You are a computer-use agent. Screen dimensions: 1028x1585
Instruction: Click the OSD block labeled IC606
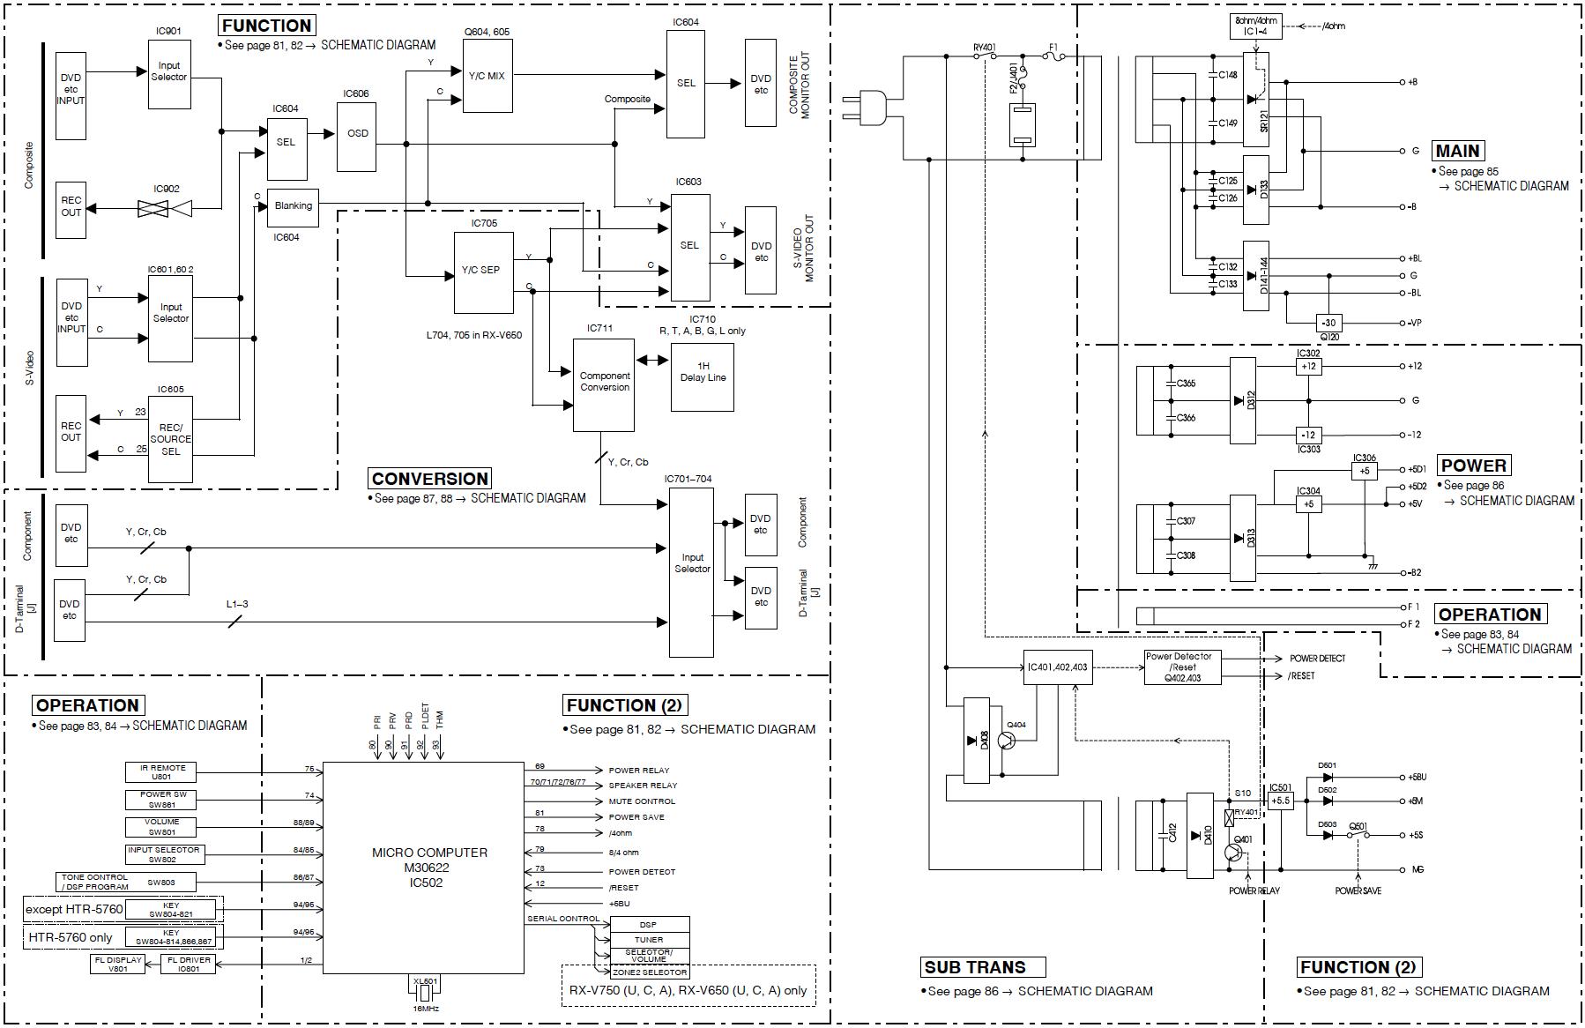point(357,134)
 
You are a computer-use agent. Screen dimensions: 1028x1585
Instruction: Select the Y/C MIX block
point(487,76)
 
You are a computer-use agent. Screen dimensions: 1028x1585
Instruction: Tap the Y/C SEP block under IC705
point(482,271)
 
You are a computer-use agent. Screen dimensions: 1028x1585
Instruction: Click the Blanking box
point(293,206)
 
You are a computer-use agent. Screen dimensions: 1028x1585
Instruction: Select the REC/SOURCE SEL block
point(170,439)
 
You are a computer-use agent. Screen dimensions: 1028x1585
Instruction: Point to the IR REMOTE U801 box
point(161,772)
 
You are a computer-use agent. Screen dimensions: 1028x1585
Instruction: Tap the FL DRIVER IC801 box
point(188,965)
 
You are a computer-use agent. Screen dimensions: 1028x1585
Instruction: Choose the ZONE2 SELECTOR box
point(649,972)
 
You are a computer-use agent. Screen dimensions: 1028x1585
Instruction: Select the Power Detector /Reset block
point(1178,667)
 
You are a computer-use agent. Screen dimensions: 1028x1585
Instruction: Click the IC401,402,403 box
point(1057,667)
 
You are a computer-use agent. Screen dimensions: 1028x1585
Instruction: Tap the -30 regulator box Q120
point(1328,323)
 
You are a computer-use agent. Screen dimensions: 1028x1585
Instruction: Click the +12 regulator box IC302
point(1309,367)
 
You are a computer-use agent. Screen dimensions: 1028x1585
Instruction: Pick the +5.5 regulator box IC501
point(1280,801)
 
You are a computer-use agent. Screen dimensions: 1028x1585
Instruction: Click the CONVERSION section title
point(429,479)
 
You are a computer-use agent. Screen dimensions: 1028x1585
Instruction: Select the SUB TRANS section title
point(974,967)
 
